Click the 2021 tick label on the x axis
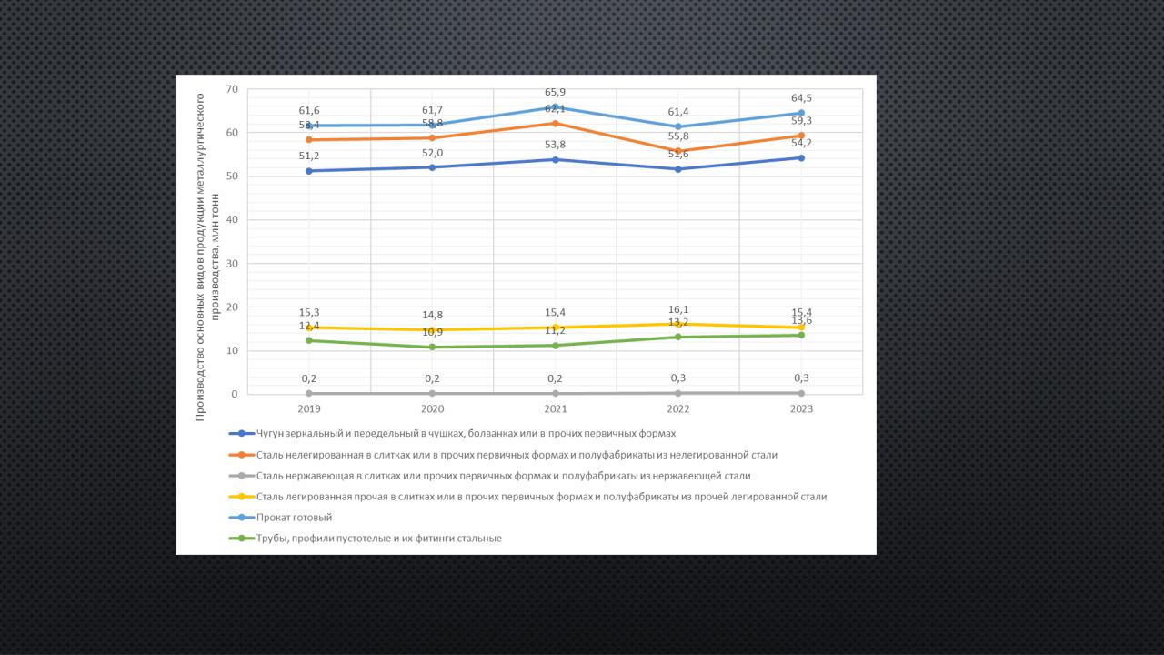(555, 409)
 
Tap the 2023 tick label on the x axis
(800, 409)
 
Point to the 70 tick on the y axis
(232, 89)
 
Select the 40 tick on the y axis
(232, 220)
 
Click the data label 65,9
(555, 92)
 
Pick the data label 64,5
(800, 98)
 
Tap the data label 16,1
(677, 309)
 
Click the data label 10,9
(432, 332)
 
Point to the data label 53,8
(555, 145)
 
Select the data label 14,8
(432, 316)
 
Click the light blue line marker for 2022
(677, 126)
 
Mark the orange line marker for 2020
(432, 138)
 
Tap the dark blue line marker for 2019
(309, 171)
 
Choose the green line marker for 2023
(800, 335)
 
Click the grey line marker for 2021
(555, 393)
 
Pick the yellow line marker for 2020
(432, 329)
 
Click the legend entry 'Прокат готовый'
(294, 517)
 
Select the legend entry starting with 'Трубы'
(378, 538)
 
